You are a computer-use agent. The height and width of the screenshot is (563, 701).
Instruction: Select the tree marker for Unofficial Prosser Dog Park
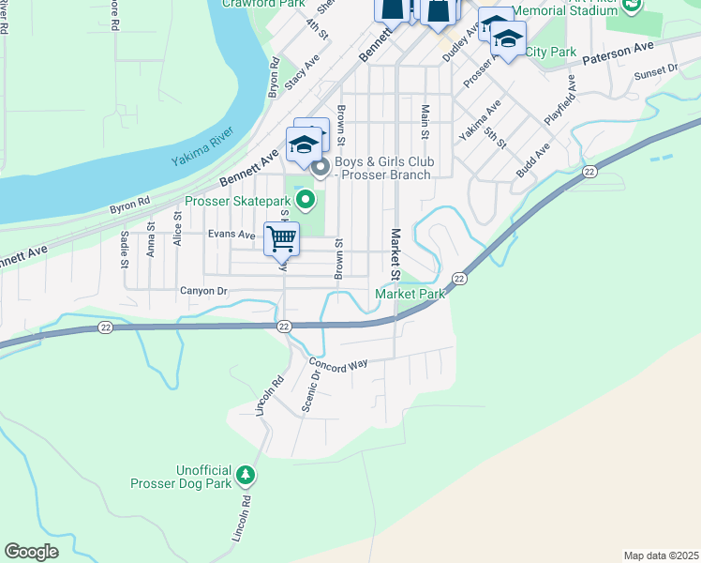point(246,476)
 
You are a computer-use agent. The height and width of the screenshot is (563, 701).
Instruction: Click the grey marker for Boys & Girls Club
point(321,169)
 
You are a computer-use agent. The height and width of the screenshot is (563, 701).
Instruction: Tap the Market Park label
point(410,294)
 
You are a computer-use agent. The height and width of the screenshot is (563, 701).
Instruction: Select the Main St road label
point(425,123)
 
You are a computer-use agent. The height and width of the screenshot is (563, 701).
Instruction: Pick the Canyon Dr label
point(203,291)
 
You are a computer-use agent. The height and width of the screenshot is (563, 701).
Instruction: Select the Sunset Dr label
point(655,72)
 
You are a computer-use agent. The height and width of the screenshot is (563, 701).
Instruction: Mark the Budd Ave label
point(533,160)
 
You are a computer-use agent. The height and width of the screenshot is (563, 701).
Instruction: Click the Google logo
point(32,552)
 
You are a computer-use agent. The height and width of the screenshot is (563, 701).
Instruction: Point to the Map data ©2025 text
point(661,555)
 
